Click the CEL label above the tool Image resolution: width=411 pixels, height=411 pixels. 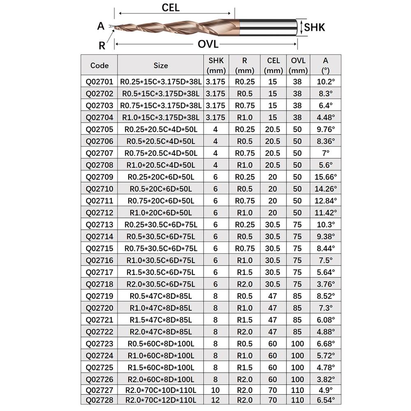click(x=171, y=8)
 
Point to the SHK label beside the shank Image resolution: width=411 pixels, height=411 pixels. click(x=315, y=28)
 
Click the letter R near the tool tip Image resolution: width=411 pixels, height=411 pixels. click(x=102, y=46)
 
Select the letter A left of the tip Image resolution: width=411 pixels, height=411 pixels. click(x=101, y=26)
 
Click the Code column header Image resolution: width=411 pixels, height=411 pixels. click(x=99, y=65)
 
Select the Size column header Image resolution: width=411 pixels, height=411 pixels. click(x=161, y=65)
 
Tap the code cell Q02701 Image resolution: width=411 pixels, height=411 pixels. click(x=99, y=82)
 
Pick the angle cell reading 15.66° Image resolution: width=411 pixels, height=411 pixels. click(x=326, y=177)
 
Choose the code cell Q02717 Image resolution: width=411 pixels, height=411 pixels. click(x=99, y=272)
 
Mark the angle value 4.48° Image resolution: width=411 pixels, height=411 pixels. click(x=326, y=118)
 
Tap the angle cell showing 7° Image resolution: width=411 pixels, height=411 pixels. click(x=326, y=153)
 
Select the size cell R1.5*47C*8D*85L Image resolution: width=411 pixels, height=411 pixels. click(x=161, y=320)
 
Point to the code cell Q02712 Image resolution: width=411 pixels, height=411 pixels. click(x=99, y=213)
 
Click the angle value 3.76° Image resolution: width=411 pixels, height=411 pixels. click(x=326, y=284)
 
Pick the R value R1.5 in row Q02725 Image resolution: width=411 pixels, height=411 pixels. click(x=245, y=367)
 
